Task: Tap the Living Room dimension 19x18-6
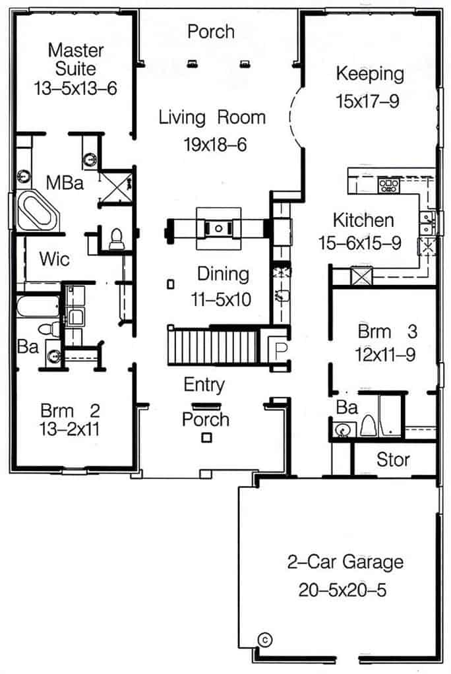(x=215, y=144)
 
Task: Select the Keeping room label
(x=369, y=73)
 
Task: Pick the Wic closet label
(x=54, y=259)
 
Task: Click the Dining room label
(x=224, y=274)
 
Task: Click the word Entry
(x=204, y=384)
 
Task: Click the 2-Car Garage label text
(x=345, y=563)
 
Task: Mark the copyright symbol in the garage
(x=265, y=638)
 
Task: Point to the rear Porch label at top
(x=210, y=31)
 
